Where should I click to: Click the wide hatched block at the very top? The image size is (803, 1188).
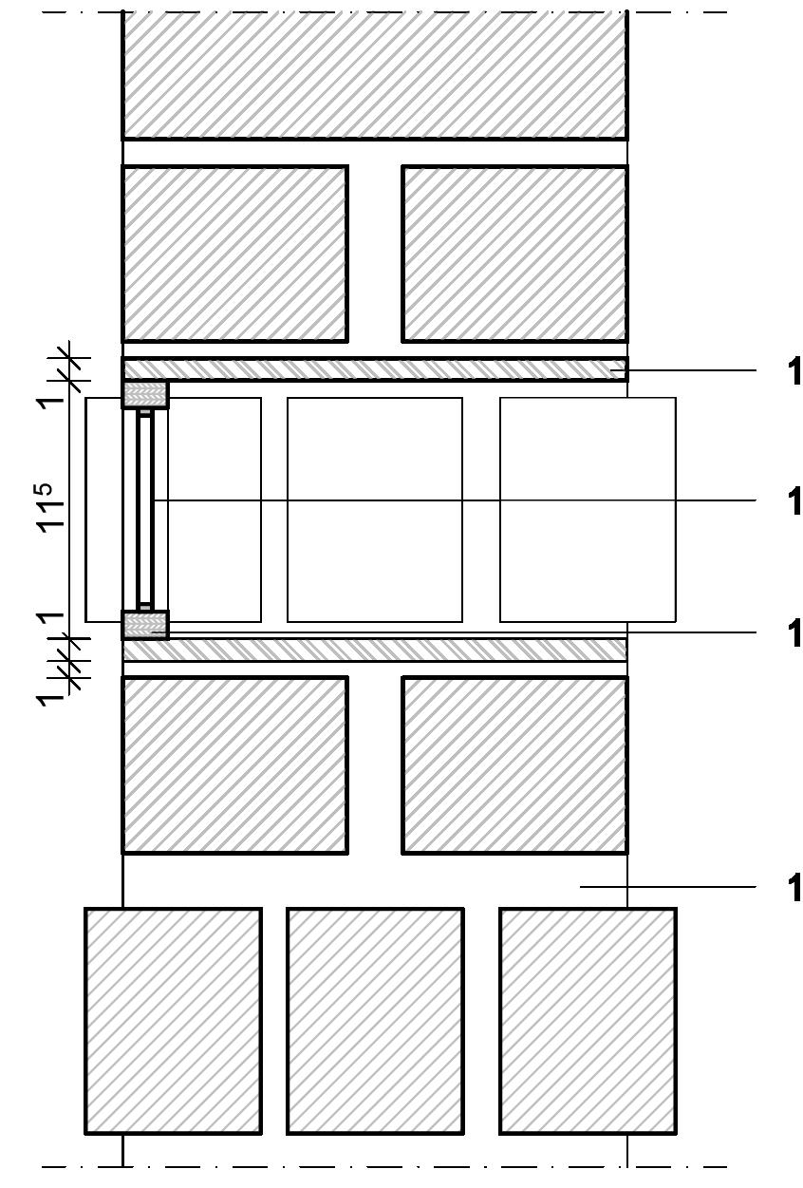coord(374,74)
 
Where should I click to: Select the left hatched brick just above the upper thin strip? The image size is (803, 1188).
coord(234,254)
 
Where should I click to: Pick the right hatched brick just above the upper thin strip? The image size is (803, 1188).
coord(514,254)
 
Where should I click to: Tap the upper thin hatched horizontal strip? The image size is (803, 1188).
coord(374,368)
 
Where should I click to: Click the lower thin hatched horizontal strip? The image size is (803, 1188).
coord(374,650)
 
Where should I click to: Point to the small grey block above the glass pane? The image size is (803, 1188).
coord(145,393)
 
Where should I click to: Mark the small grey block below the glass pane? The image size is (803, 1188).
coord(145,625)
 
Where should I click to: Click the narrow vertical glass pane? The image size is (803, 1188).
coord(144,509)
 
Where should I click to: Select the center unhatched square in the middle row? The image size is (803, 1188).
coord(374,509)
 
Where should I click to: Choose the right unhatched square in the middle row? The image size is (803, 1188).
coord(588,509)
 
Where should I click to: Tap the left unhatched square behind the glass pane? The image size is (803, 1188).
coord(214,509)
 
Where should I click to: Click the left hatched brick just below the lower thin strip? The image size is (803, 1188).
coord(234,764)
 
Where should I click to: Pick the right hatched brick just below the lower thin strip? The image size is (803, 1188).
coord(514,764)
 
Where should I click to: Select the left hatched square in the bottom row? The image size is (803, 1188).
coord(173,1020)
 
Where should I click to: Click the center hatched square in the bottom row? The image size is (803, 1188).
coord(375,1020)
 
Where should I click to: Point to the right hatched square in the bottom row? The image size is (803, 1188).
coord(588,1020)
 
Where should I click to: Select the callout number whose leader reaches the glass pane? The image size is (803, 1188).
coord(794,500)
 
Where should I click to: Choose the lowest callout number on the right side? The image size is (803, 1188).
coord(794,887)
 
